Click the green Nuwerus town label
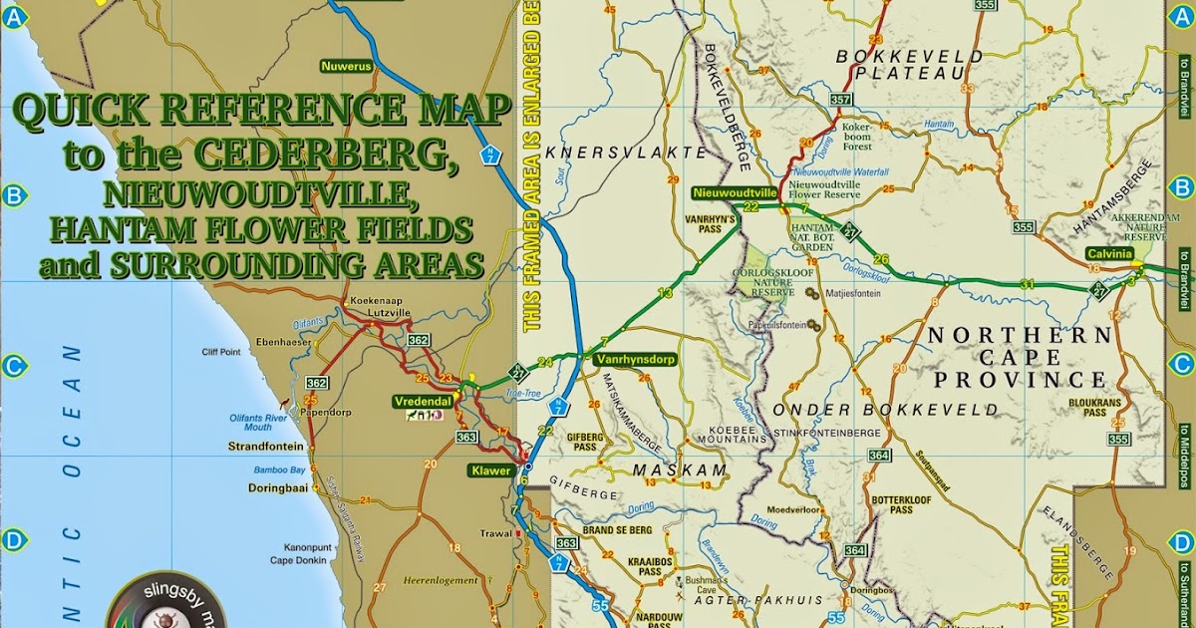(345, 67)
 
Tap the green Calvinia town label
(1110, 253)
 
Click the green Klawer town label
(492, 470)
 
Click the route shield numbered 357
(840, 100)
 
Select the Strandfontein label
(265, 446)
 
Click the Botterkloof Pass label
(901, 503)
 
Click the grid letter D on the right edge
(1182, 541)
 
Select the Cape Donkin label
(299, 559)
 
